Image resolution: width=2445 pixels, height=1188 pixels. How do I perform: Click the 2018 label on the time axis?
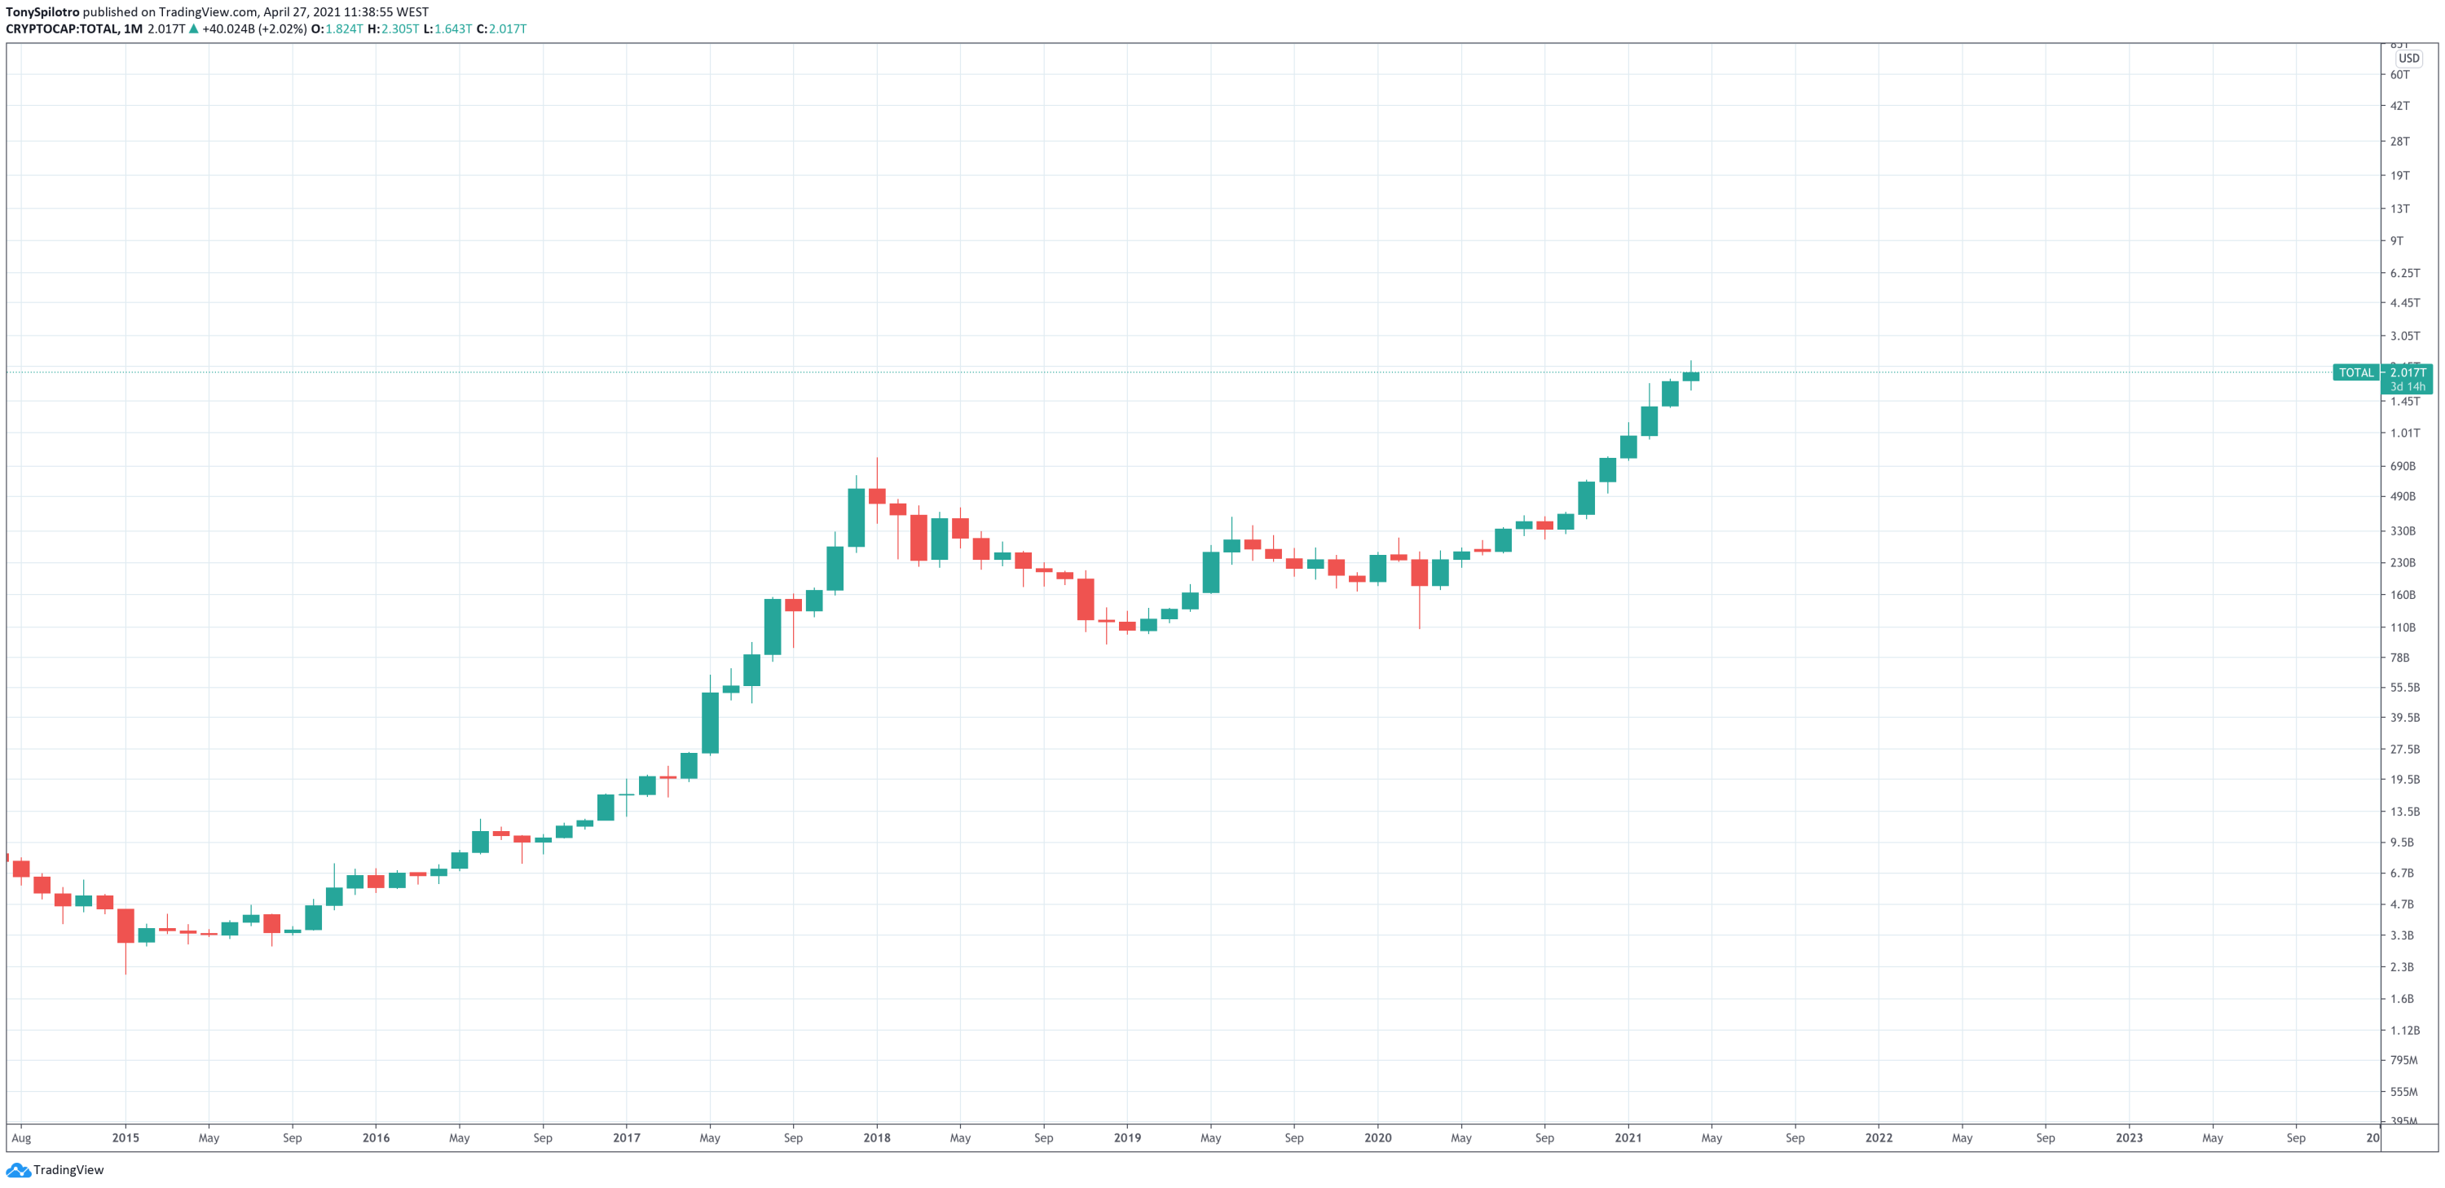[876, 1137]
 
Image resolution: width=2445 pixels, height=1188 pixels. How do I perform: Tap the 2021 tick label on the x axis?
[1628, 1137]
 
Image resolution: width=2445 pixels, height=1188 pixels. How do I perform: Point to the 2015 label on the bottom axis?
[126, 1137]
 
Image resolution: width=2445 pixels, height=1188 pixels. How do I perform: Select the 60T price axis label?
[2399, 75]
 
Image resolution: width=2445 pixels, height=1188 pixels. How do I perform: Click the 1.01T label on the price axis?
[2405, 433]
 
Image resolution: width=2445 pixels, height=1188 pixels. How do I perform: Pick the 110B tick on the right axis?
[2403, 627]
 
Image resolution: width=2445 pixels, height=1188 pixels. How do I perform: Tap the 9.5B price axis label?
[2401, 843]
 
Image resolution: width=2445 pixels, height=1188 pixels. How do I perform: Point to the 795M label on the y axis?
[2403, 1060]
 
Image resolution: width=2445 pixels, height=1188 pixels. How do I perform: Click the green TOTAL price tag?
[2356, 373]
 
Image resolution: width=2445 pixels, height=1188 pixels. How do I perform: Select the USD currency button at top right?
[2409, 58]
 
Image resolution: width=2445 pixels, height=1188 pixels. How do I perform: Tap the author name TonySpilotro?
[42, 12]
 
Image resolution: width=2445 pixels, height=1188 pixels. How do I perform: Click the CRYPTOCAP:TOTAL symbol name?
[61, 29]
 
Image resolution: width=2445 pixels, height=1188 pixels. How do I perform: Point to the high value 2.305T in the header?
[399, 29]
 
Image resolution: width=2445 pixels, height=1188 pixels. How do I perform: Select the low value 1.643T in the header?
[453, 29]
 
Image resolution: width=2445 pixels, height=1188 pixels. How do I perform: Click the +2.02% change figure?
[283, 29]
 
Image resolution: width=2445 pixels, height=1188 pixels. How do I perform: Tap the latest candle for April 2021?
[1690, 376]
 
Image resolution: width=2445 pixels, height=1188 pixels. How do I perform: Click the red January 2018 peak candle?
[877, 496]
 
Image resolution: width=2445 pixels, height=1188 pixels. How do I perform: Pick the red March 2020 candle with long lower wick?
[1419, 572]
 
